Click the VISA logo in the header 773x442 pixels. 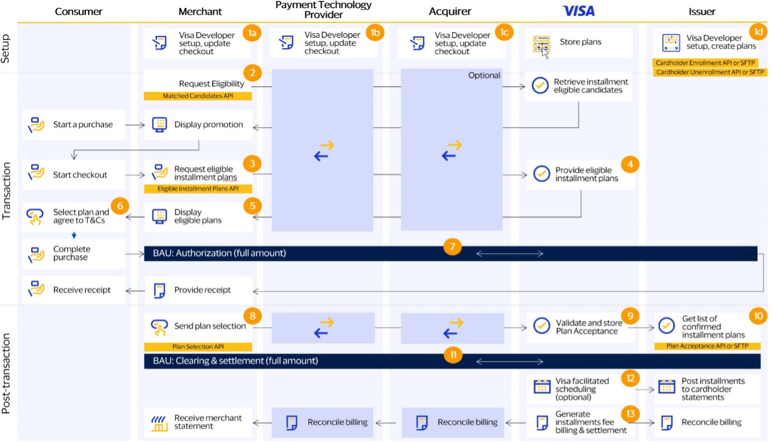(x=578, y=11)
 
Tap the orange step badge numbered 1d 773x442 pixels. (x=758, y=32)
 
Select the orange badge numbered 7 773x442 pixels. (x=452, y=246)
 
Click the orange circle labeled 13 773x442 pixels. (x=631, y=414)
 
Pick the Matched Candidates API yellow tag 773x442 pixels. (x=197, y=96)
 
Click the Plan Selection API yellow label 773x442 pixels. (x=197, y=346)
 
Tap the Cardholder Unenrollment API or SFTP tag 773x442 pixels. (x=710, y=72)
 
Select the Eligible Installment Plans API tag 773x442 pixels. (x=197, y=188)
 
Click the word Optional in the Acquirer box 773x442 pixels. (x=484, y=75)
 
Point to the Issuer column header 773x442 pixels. (x=703, y=11)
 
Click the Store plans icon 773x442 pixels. (x=541, y=44)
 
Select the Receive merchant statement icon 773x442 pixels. (x=159, y=422)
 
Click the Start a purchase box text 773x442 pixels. (x=83, y=125)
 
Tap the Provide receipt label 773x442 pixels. (x=202, y=290)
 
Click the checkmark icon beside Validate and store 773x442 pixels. (x=541, y=326)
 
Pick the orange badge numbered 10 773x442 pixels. (x=758, y=316)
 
